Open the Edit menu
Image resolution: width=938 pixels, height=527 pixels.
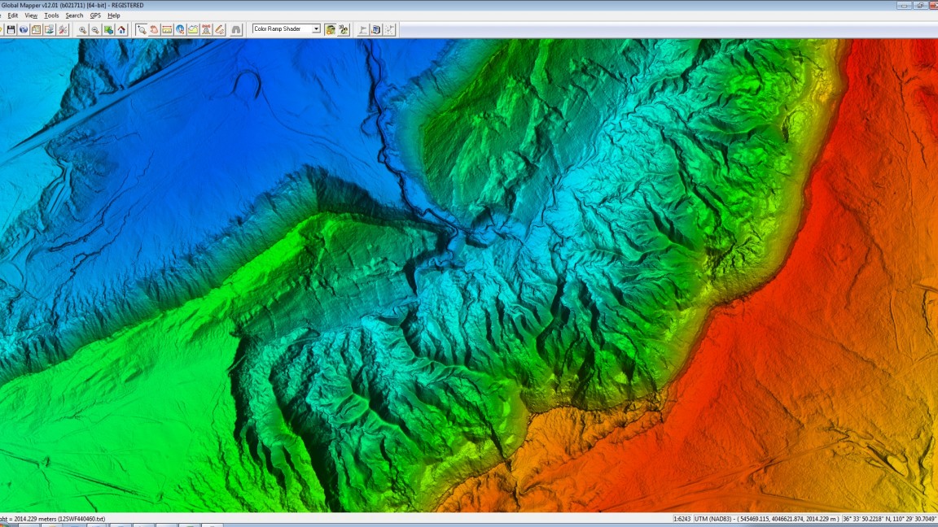[x=13, y=15]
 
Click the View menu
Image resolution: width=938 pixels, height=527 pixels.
[x=31, y=15]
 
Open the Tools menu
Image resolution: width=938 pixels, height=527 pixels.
[x=51, y=15]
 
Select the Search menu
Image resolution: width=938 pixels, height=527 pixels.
[x=74, y=15]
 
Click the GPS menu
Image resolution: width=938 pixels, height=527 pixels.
[x=95, y=15]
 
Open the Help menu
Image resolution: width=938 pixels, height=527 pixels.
[x=114, y=15]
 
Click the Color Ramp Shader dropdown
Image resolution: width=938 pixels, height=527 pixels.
[x=287, y=29]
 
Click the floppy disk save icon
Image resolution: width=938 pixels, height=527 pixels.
[x=11, y=29]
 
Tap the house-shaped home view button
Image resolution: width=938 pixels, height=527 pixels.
[x=121, y=29]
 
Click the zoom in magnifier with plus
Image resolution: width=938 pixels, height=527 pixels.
[x=82, y=29]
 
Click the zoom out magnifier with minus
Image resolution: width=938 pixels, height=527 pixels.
[x=95, y=29]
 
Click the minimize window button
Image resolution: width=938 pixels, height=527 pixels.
[x=904, y=5]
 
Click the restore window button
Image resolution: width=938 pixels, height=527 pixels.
[x=920, y=5]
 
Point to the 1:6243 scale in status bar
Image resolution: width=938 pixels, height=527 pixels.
[x=682, y=519]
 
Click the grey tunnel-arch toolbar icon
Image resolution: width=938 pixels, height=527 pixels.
[x=236, y=29]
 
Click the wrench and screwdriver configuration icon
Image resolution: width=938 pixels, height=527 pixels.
[x=63, y=29]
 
